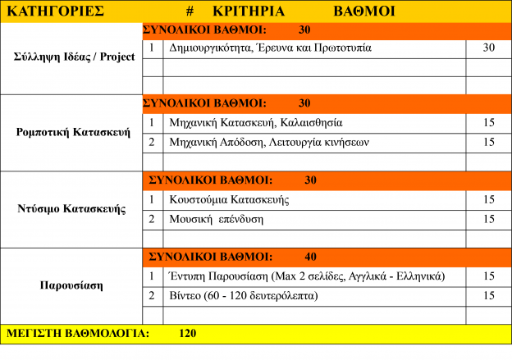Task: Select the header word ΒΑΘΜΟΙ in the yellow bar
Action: [x=364, y=11]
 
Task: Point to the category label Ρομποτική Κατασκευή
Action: [x=73, y=132]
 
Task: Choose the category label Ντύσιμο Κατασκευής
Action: [x=71, y=208]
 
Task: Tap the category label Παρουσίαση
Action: [x=71, y=286]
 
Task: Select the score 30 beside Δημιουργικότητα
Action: [x=489, y=48]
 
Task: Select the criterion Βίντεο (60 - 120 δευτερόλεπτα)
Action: [x=243, y=294]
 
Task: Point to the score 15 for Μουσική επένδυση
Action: [x=489, y=219]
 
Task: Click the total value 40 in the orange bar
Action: [x=310, y=256]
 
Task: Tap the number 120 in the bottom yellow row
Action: [x=187, y=334]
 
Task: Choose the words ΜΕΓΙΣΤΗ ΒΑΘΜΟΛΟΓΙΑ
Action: [x=78, y=334]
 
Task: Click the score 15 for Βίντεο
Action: [x=489, y=294]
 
